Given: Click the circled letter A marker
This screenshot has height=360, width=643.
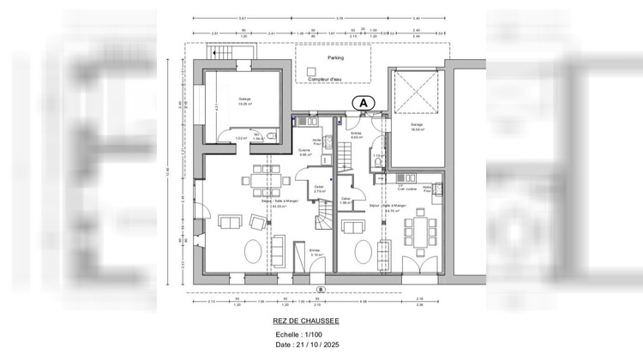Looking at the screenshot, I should (x=363, y=102).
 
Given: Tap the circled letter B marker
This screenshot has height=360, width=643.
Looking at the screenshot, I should (x=319, y=288).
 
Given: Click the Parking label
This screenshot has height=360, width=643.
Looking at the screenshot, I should (x=334, y=58).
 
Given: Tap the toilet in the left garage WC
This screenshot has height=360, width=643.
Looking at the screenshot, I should (x=270, y=135).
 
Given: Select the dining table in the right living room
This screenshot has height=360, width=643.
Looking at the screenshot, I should (x=419, y=230).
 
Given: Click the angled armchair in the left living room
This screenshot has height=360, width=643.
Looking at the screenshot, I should (x=257, y=223).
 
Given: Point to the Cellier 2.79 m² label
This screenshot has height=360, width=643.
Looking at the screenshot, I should (x=318, y=189).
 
